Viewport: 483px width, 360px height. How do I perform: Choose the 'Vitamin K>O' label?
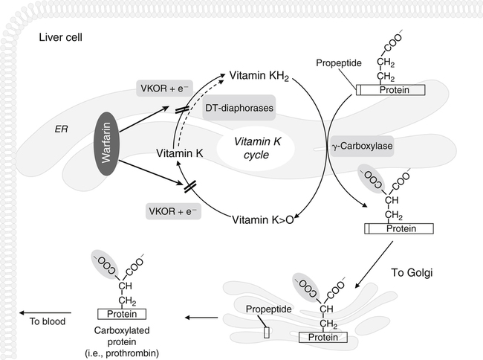pyautogui.click(x=263, y=219)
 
